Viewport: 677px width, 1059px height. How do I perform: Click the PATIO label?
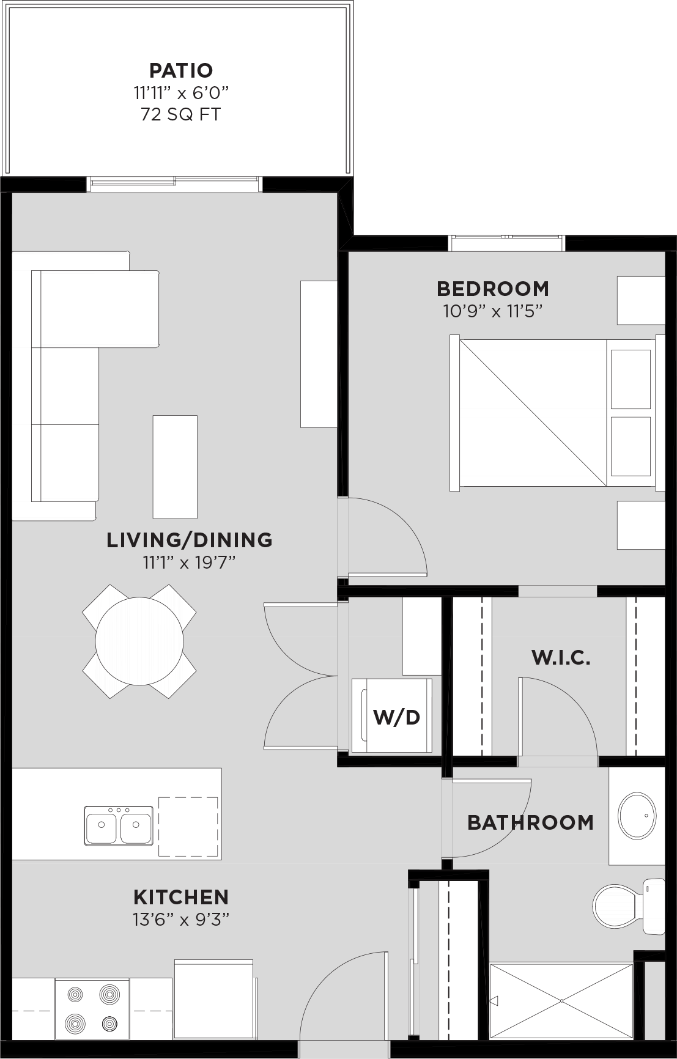[181, 70]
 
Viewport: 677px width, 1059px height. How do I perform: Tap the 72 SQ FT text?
[181, 114]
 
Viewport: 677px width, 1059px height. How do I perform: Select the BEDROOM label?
[493, 289]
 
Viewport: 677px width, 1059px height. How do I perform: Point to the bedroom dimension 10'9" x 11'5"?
[493, 311]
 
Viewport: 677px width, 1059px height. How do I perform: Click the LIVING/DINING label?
[190, 540]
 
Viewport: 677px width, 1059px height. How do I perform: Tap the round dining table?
[139, 641]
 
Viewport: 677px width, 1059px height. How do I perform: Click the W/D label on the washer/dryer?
[397, 717]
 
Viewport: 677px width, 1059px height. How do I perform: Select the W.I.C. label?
[561, 658]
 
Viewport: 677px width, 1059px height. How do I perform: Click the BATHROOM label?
[530, 822]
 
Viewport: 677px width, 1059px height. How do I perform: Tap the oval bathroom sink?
[637, 816]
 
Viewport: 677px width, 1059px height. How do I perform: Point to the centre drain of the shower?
[561, 1001]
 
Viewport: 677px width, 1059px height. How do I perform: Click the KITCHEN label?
[181, 897]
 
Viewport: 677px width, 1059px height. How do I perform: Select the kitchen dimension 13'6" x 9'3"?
[181, 919]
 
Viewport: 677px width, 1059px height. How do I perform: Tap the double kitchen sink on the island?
[119, 825]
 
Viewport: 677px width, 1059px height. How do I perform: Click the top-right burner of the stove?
[109, 994]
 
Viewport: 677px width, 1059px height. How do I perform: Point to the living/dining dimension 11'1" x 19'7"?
[190, 562]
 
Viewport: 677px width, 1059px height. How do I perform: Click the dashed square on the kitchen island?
[188, 827]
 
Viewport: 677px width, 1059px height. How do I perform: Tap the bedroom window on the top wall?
[506, 243]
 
